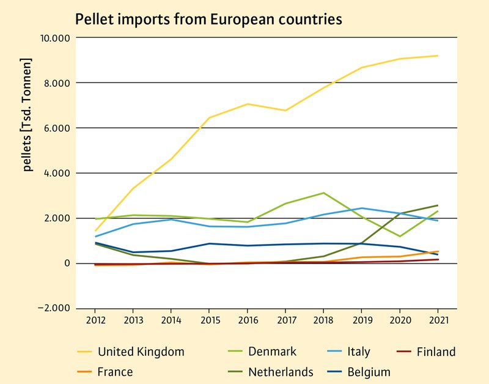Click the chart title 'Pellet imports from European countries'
[x=208, y=20]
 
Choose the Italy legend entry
[x=358, y=352]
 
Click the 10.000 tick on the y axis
[x=55, y=38]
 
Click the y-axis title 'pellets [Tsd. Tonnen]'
[x=27, y=115]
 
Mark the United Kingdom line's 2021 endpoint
[x=438, y=56]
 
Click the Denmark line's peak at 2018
[x=323, y=193]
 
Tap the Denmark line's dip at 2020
[x=400, y=236]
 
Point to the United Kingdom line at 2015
[x=209, y=117]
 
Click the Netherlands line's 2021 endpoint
[x=438, y=205]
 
